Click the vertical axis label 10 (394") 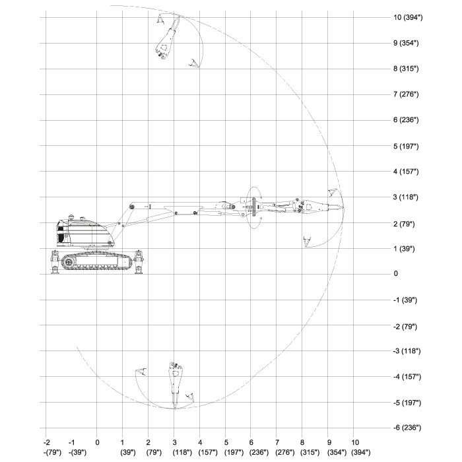tap(408, 17)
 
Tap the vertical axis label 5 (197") tap(406, 146)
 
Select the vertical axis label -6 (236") tap(407, 428)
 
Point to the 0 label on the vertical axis tap(396, 274)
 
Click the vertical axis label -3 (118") tap(407, 351)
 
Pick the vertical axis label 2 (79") tap(404, 224)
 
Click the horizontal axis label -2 tap(47, 442)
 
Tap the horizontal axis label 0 tap(97, 442)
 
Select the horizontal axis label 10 tap(355, 442)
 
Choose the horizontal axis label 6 tap(251, 442)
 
